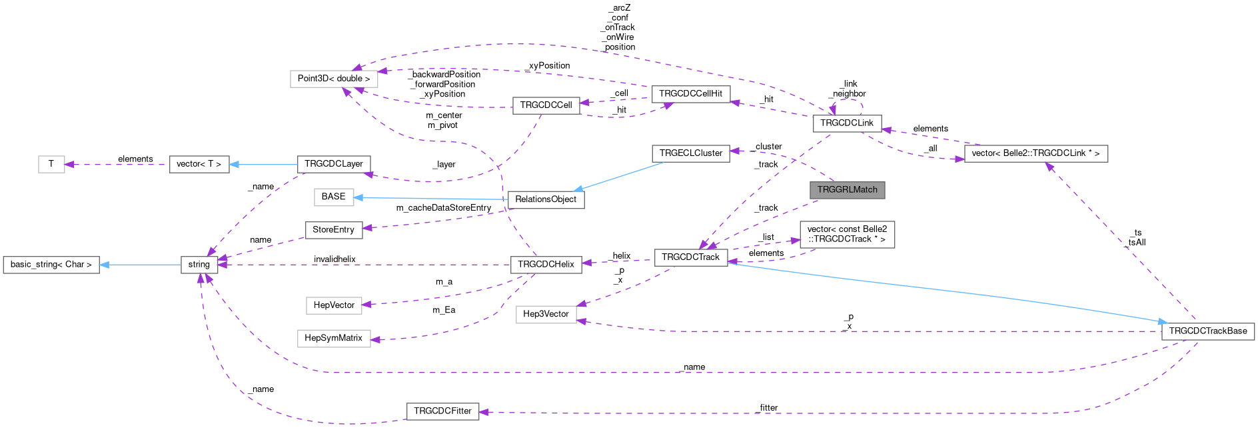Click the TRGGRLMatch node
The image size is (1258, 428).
[847, 190]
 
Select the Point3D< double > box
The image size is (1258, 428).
[334, 79]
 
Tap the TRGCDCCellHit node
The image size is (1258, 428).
[690, 94]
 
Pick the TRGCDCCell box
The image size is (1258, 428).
[546, 105]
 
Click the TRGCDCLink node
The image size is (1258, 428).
[846, 123]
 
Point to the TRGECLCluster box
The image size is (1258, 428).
[690, 153]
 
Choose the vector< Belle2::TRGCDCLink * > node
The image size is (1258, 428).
[1035, 153]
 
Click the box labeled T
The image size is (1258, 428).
[51, 164]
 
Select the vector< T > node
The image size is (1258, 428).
[199, 164]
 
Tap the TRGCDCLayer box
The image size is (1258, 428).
[333, 164]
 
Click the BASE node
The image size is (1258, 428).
[333, 197]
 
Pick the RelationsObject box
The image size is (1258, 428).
[546, 199]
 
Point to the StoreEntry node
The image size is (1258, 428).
[333, 230]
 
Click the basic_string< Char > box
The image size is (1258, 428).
[51, 265]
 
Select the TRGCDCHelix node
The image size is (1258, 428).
[546, 265]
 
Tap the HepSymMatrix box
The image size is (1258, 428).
[333, 339]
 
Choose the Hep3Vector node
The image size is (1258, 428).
[546, 314]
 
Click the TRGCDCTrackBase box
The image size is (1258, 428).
[1207, 331]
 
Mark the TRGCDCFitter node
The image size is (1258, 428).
[442, 411]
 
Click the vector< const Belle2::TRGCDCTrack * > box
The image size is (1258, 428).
[847, 235]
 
